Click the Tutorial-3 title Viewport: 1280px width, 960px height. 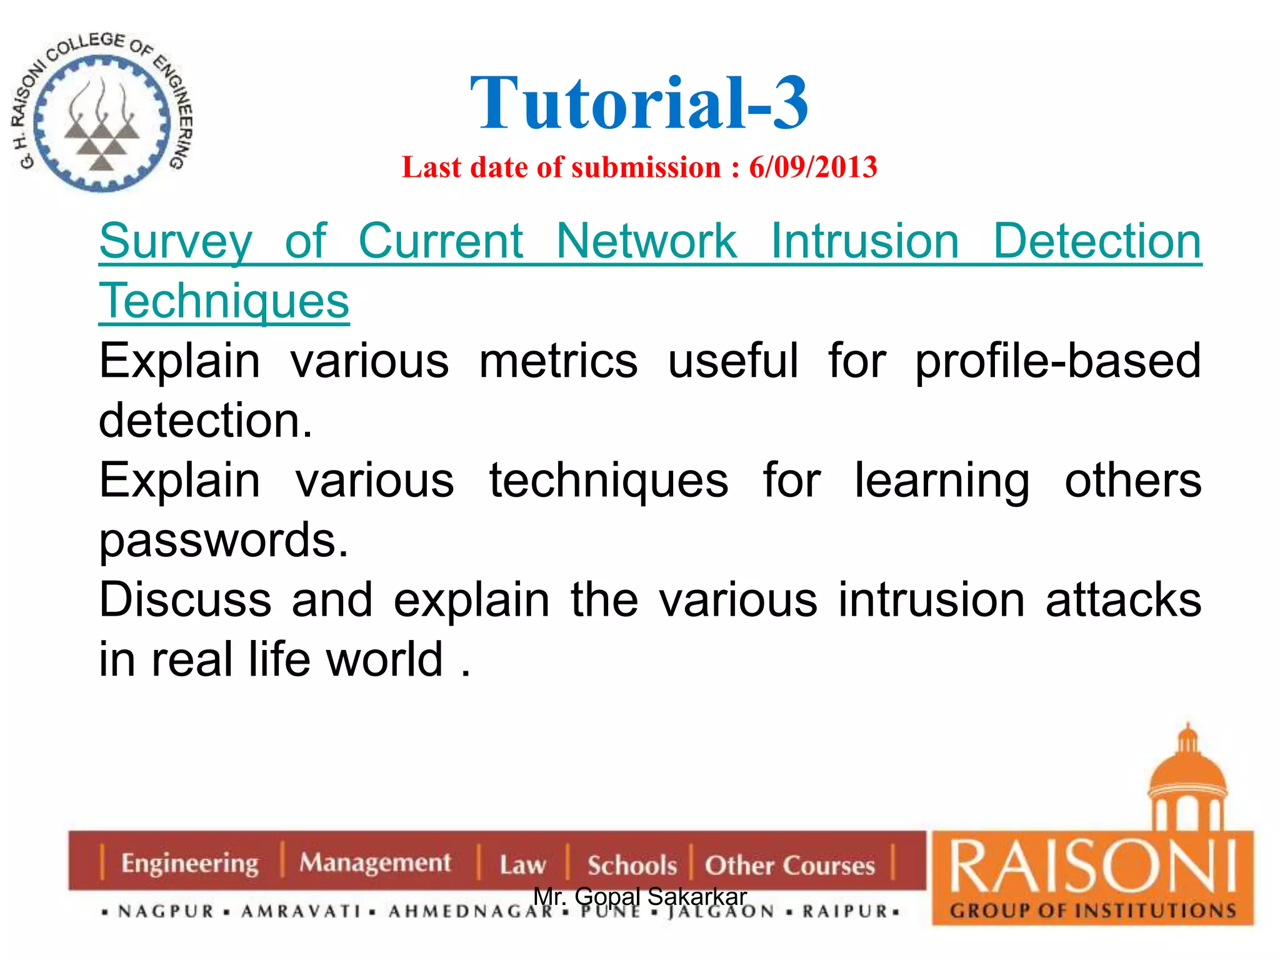pyautogui.click(x=639, y=103)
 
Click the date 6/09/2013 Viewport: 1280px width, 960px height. pyautogui.click(x=813, y=167)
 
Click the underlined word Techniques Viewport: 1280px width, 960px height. pyautogui.click(x=224, y=301)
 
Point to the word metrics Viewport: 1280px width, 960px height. pyautogui.click(x=558, y=361)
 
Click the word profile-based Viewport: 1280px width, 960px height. pyautogui.click(x=1057, y=361)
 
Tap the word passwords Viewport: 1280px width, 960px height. pyautogui.click(x=223, y=540)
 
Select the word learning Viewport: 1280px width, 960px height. pyautogui.click(x=941, y=481)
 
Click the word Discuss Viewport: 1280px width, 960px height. pyautogui.click(x=185, y=600)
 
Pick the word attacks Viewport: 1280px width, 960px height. pyautogui.click(x=1123, y=600)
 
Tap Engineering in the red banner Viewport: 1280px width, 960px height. pyautogui.click(x=189, y=864)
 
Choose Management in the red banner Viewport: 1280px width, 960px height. pyautogui.click(x=374, y=863)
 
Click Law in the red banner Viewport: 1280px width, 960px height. pyautogui.click(x=522, y=866)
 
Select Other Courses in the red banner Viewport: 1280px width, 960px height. pyautogui.click(x=789, y=866)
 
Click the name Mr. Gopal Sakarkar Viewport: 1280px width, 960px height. pyautogui.click(x=639, y=896)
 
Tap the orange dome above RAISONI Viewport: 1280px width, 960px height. pyautogui.click(x=1187, y=775)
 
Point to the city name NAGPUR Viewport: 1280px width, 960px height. pyautogui.click(x=166, y=912)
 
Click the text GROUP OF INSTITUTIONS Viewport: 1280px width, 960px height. pyautogui.click(x=1092, y=911)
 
